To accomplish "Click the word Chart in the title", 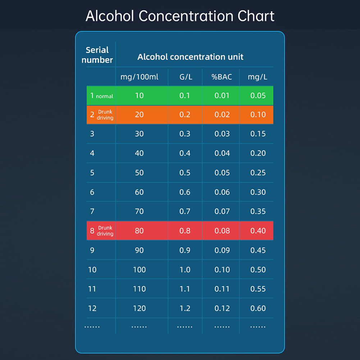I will coord(256,17).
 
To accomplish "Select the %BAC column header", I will coord(222,77).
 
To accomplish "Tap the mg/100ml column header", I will coord(139,77).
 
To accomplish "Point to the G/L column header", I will coord(185,77).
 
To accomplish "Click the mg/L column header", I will coord(258,77).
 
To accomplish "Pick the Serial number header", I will coord(97,55).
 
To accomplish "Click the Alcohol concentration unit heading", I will coord(190,57).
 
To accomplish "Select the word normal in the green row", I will coord(104,96).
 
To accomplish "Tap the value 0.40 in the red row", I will coord(258,231).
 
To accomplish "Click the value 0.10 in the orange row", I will coord(258,115).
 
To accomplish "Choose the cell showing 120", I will coord(139,308).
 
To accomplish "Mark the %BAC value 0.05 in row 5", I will coord(222,173).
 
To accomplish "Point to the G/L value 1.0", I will coord(185,270).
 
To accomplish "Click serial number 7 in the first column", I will coord(92,211).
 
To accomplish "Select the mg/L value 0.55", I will coord(258,289).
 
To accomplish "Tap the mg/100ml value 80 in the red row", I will coord(139,231).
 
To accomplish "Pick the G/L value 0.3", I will coord(185,134).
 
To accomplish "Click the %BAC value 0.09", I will coord(222,250).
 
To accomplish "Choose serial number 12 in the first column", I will coord(92,308).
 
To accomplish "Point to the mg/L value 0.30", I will coord(258,192).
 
